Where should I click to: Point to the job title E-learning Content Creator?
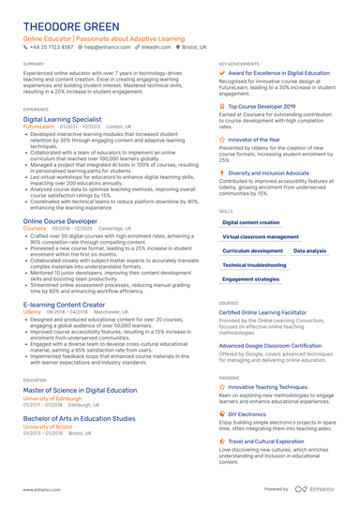pyautogui.click(x=64, y=305)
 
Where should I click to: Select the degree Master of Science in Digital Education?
pyautogui.click(x=80, y=389)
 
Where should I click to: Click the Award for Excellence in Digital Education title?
pyautogui.click(x=278, y=72)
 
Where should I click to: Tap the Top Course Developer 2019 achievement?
pyautogui.click(x=269, y=107)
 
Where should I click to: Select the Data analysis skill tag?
pyautogui.click(x=309, y=251)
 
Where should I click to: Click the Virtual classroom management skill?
pyautogui.click(x=261, y=237)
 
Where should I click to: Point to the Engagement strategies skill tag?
pyautogui.click(x=251, y=279)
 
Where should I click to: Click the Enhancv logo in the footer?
pyautogui.click(x=318, y=489)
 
